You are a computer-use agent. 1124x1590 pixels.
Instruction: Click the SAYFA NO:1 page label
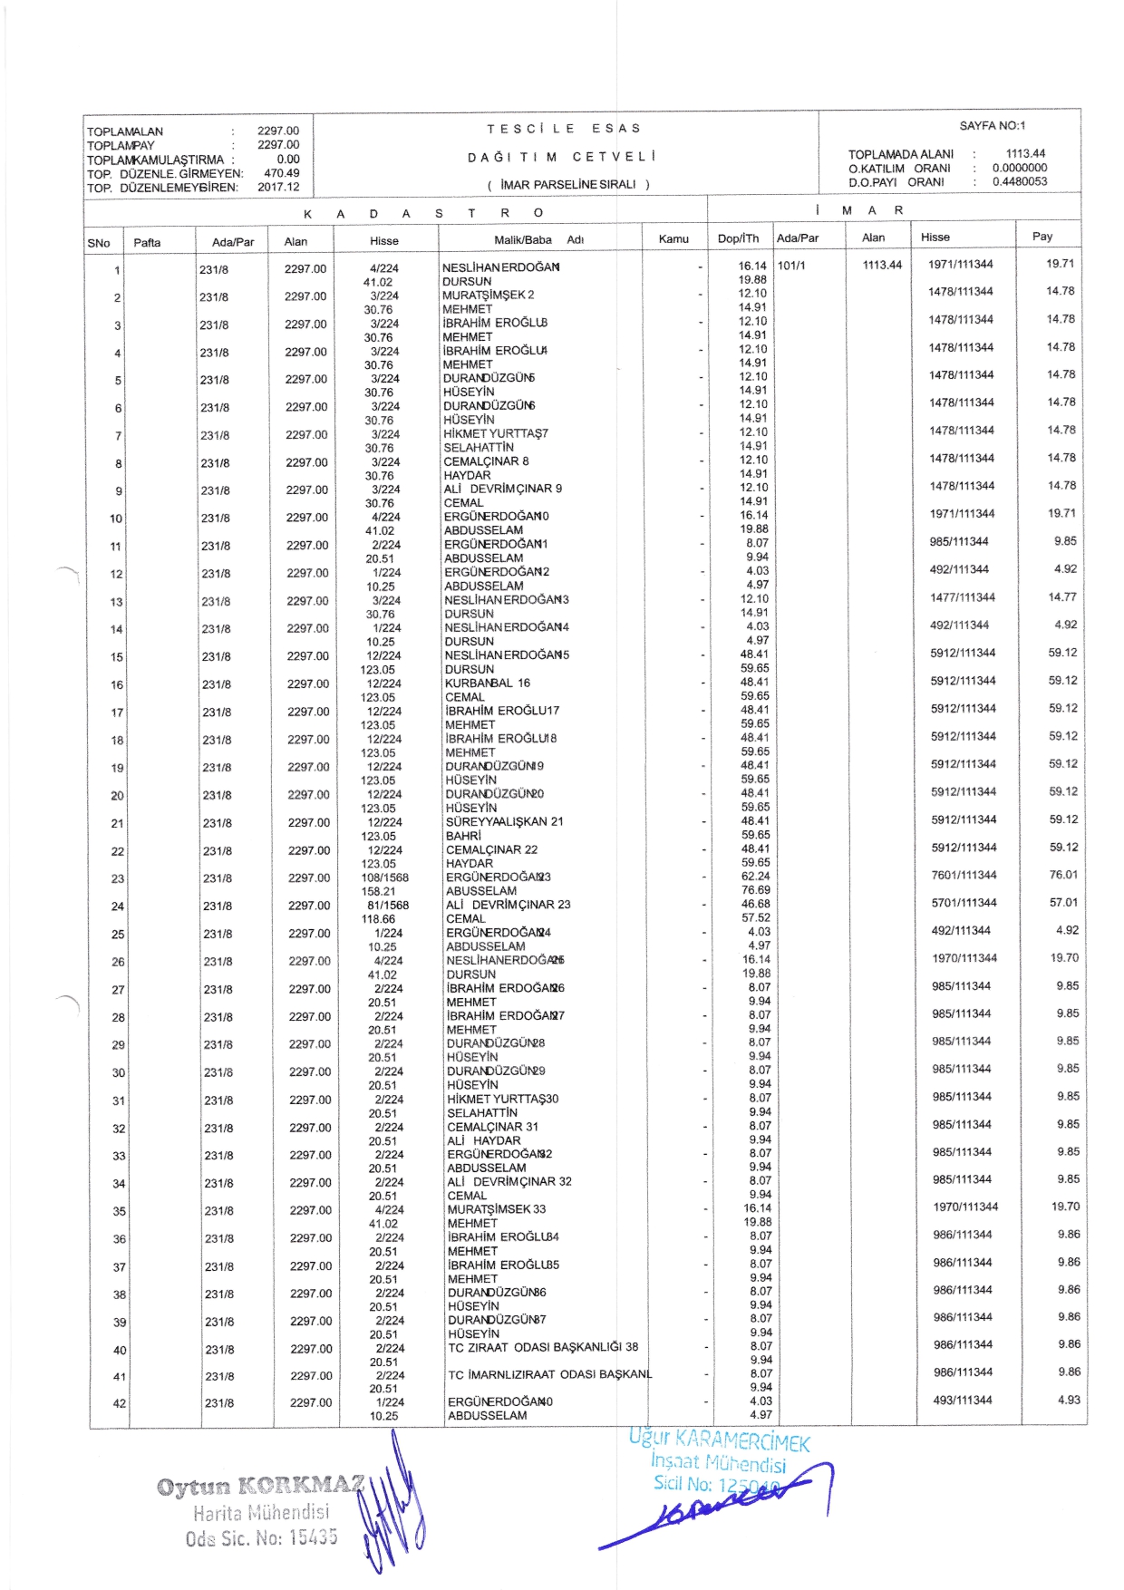[993, 126]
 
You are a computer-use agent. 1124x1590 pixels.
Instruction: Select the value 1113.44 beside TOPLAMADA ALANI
[1025, 153]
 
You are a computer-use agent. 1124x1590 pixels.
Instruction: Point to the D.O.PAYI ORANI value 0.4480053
[1020, 181]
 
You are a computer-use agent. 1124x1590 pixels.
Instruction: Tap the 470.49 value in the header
[281, 173]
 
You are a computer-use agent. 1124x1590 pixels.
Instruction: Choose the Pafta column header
[147, 242]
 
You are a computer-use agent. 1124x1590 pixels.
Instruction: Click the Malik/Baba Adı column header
[538, 240]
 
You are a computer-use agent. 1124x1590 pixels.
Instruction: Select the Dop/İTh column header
[738, 238]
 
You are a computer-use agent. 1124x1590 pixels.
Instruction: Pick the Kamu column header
[673, 239]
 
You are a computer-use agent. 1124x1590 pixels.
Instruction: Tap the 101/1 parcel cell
[791, 266]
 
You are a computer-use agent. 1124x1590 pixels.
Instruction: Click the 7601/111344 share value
[964, 875]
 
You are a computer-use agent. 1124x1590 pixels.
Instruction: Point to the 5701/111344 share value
[964, 903]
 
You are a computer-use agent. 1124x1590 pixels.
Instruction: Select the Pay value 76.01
[1063, 875]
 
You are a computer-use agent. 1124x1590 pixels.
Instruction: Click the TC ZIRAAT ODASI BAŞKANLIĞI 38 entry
[543, 1347]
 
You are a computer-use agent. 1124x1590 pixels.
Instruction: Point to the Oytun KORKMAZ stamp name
[260, 1486]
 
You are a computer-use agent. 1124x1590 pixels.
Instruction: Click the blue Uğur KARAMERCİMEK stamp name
[720, 1440]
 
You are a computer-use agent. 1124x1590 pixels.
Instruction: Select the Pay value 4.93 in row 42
[1069, 1400]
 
